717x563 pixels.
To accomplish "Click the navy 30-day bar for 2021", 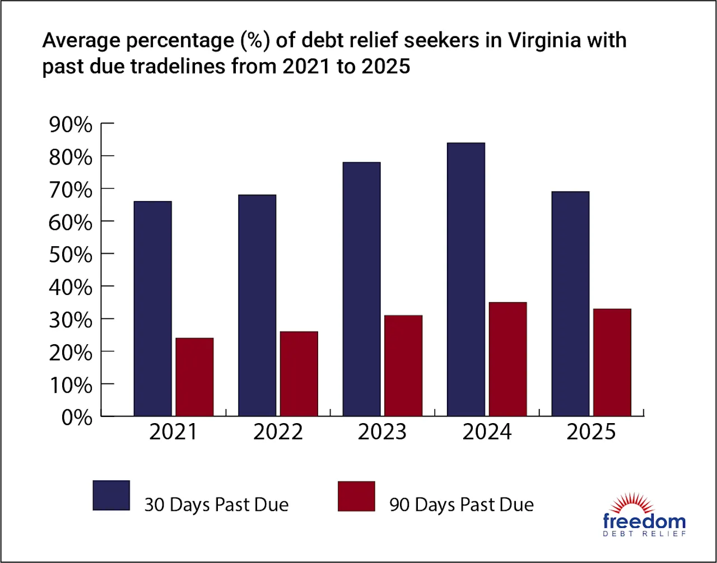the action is point(153,308).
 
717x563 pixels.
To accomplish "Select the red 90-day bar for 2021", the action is point(194,377).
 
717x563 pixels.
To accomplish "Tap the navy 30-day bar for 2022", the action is point(257,305).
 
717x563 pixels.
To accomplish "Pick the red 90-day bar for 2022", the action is point(299,374).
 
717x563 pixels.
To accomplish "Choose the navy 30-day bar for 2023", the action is point(362,289).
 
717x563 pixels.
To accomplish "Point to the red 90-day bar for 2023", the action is point(403,365).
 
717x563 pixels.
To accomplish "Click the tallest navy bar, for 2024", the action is point(466,279).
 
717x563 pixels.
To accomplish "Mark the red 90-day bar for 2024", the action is point(508,359).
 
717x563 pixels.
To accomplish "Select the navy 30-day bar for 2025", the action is point(570,303).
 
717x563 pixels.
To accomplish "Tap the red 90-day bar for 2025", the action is point(612,362).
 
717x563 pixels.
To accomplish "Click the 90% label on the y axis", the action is point(71,125).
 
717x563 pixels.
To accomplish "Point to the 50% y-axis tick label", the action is point(71,255).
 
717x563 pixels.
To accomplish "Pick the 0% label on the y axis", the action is point(77,418).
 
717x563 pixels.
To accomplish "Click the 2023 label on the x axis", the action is point(382,432).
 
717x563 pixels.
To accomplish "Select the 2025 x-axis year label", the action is point(591,432).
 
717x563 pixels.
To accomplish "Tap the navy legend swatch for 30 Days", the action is point(111,495).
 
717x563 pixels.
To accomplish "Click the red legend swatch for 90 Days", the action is point(356,496).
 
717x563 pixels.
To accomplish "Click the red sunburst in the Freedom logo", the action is point(632,503).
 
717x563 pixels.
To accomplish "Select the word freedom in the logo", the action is point(644,521).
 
